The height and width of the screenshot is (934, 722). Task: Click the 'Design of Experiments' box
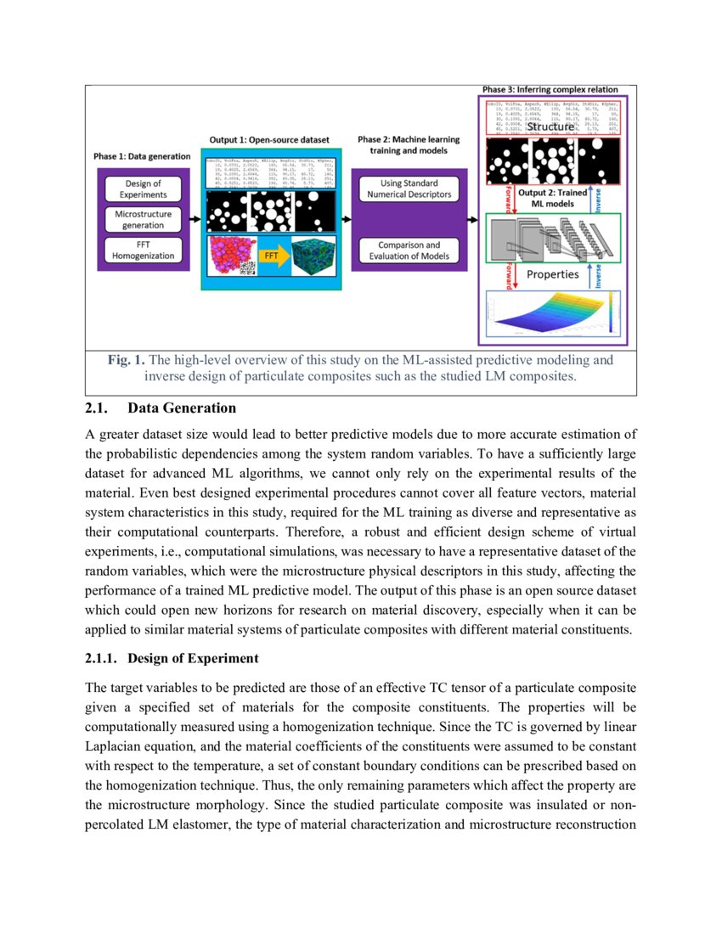(143, 188)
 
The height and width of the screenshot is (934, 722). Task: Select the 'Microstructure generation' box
(143, 219)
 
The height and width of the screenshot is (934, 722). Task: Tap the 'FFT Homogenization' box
(143, 250)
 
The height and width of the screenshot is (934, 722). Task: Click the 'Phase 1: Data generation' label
(142, 157)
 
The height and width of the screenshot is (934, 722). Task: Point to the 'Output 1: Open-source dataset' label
(269, 138)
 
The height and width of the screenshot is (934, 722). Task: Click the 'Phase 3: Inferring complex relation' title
(550, 89)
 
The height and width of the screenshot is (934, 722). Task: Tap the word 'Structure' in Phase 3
(551, 127)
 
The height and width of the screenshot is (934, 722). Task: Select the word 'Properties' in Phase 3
(552, 274)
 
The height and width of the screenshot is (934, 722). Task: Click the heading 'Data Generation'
(182, 408)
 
